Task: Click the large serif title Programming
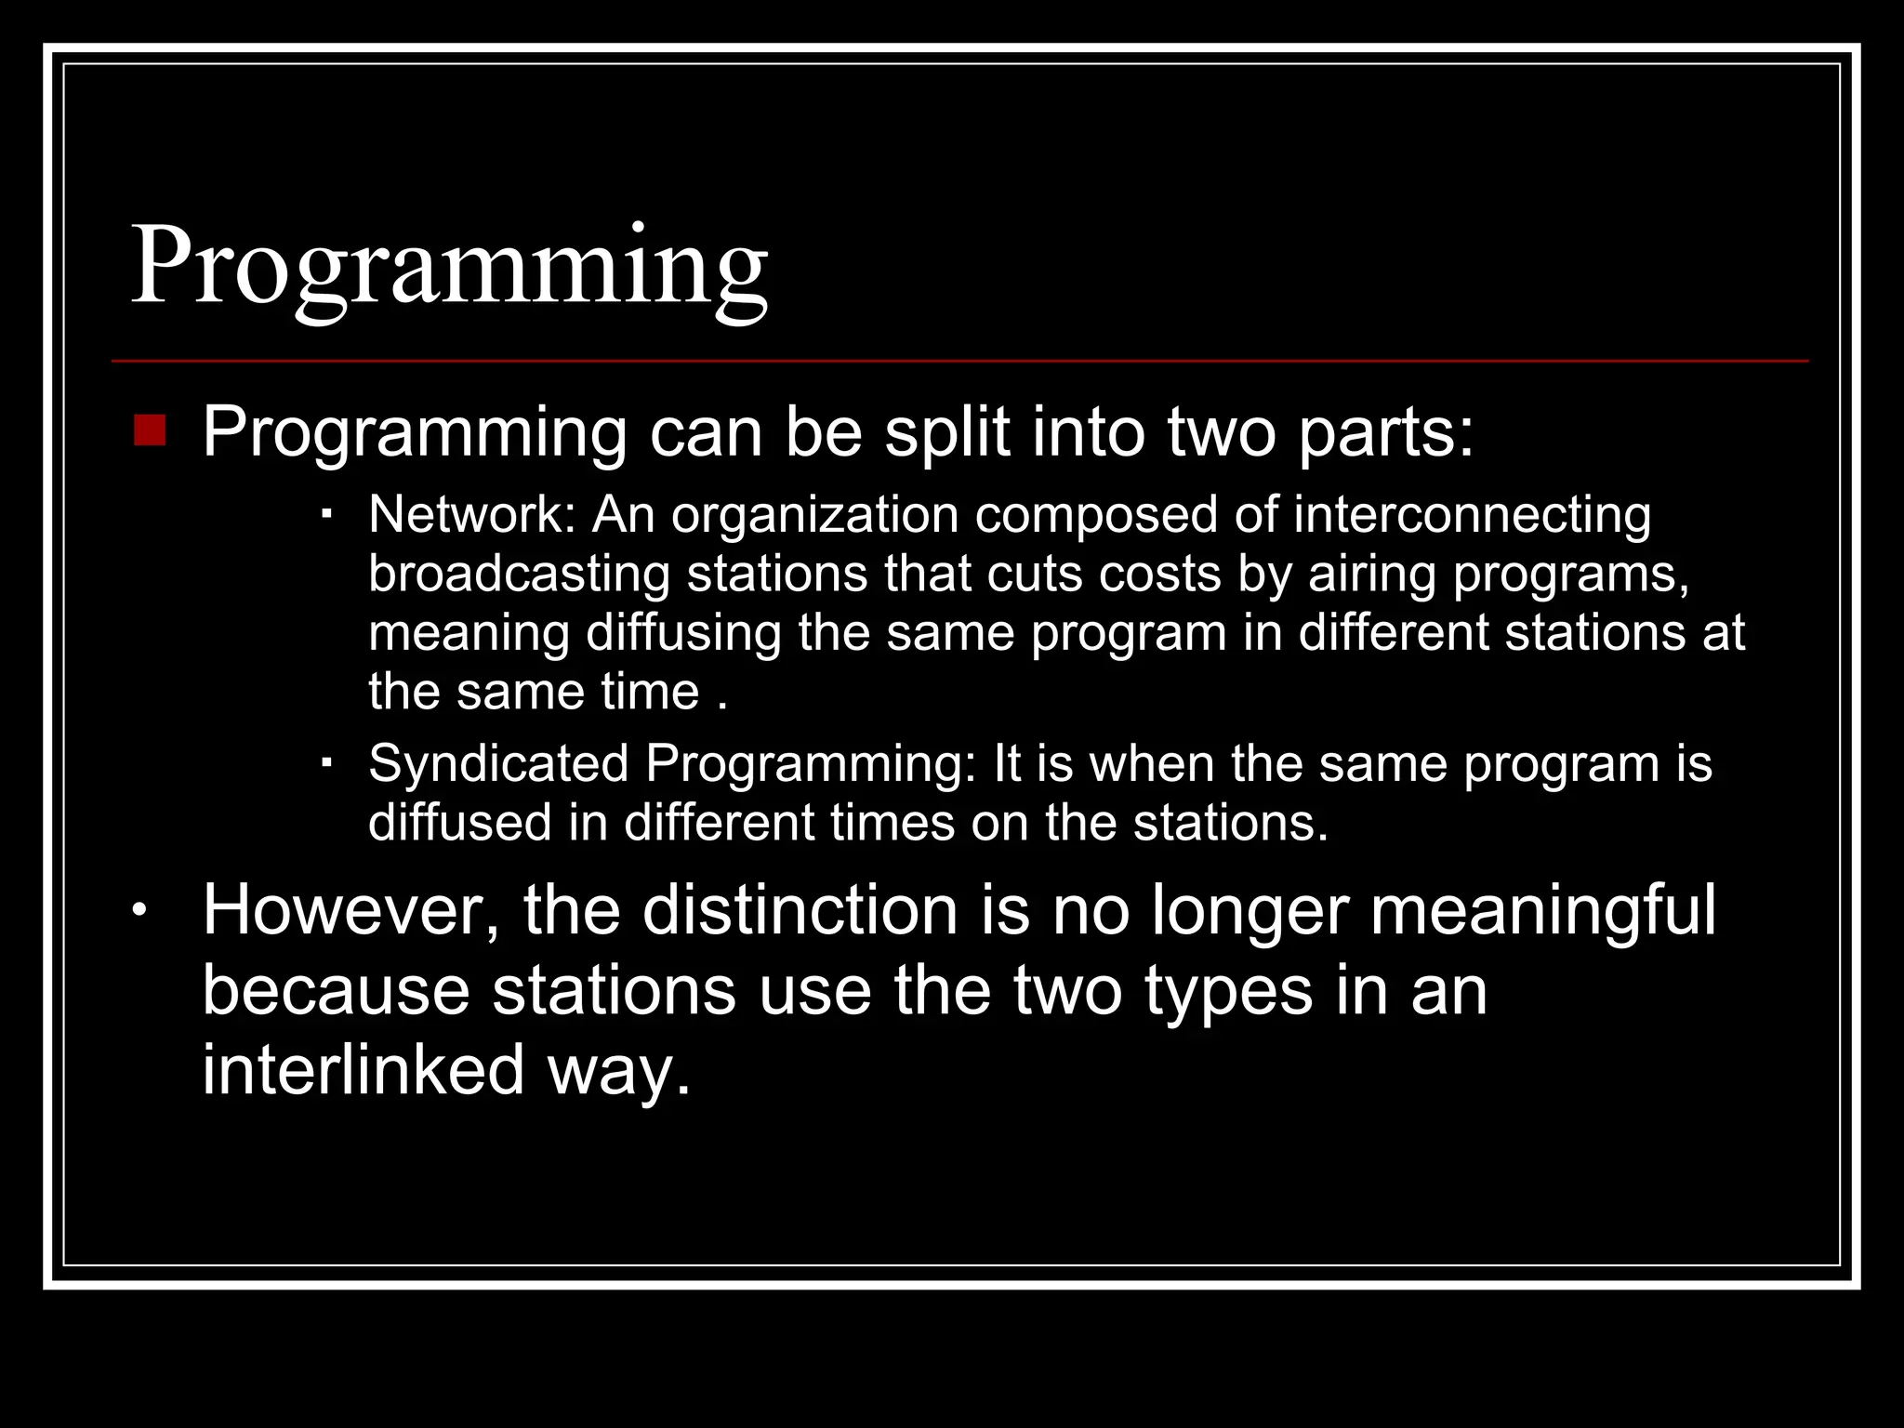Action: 449,268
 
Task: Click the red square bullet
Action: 150,431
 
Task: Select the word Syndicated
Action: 498,763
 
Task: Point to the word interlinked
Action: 364,1069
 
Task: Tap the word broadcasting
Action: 519,574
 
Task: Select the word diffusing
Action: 683,633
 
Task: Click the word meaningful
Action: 1542,910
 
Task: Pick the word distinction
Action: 800,910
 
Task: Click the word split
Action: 946,432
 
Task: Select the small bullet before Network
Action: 326,513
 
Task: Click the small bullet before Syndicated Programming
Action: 326,762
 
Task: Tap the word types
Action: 1228,990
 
